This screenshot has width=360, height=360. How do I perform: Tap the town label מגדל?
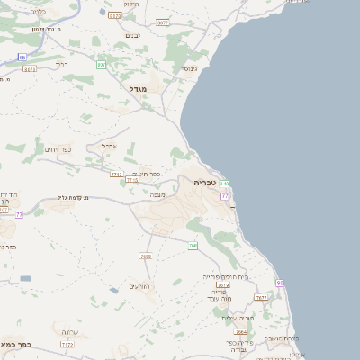click(137, 88)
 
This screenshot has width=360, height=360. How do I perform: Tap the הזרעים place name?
click(138, 286)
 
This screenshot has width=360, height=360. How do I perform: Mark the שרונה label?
click(67, 330)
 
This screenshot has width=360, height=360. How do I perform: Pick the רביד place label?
click(61, 65)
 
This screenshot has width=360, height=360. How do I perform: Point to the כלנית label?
click(37, 12)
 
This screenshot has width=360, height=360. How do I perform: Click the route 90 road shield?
click(280, 283)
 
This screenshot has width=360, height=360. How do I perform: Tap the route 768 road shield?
click(193, 246)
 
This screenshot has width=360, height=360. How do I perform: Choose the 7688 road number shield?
click(146, 256)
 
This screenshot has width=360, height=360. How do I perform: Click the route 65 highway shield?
click(22, 57)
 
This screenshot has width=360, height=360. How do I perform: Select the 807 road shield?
click(101, 66)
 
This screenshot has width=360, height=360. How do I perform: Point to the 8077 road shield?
click(162, 22)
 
